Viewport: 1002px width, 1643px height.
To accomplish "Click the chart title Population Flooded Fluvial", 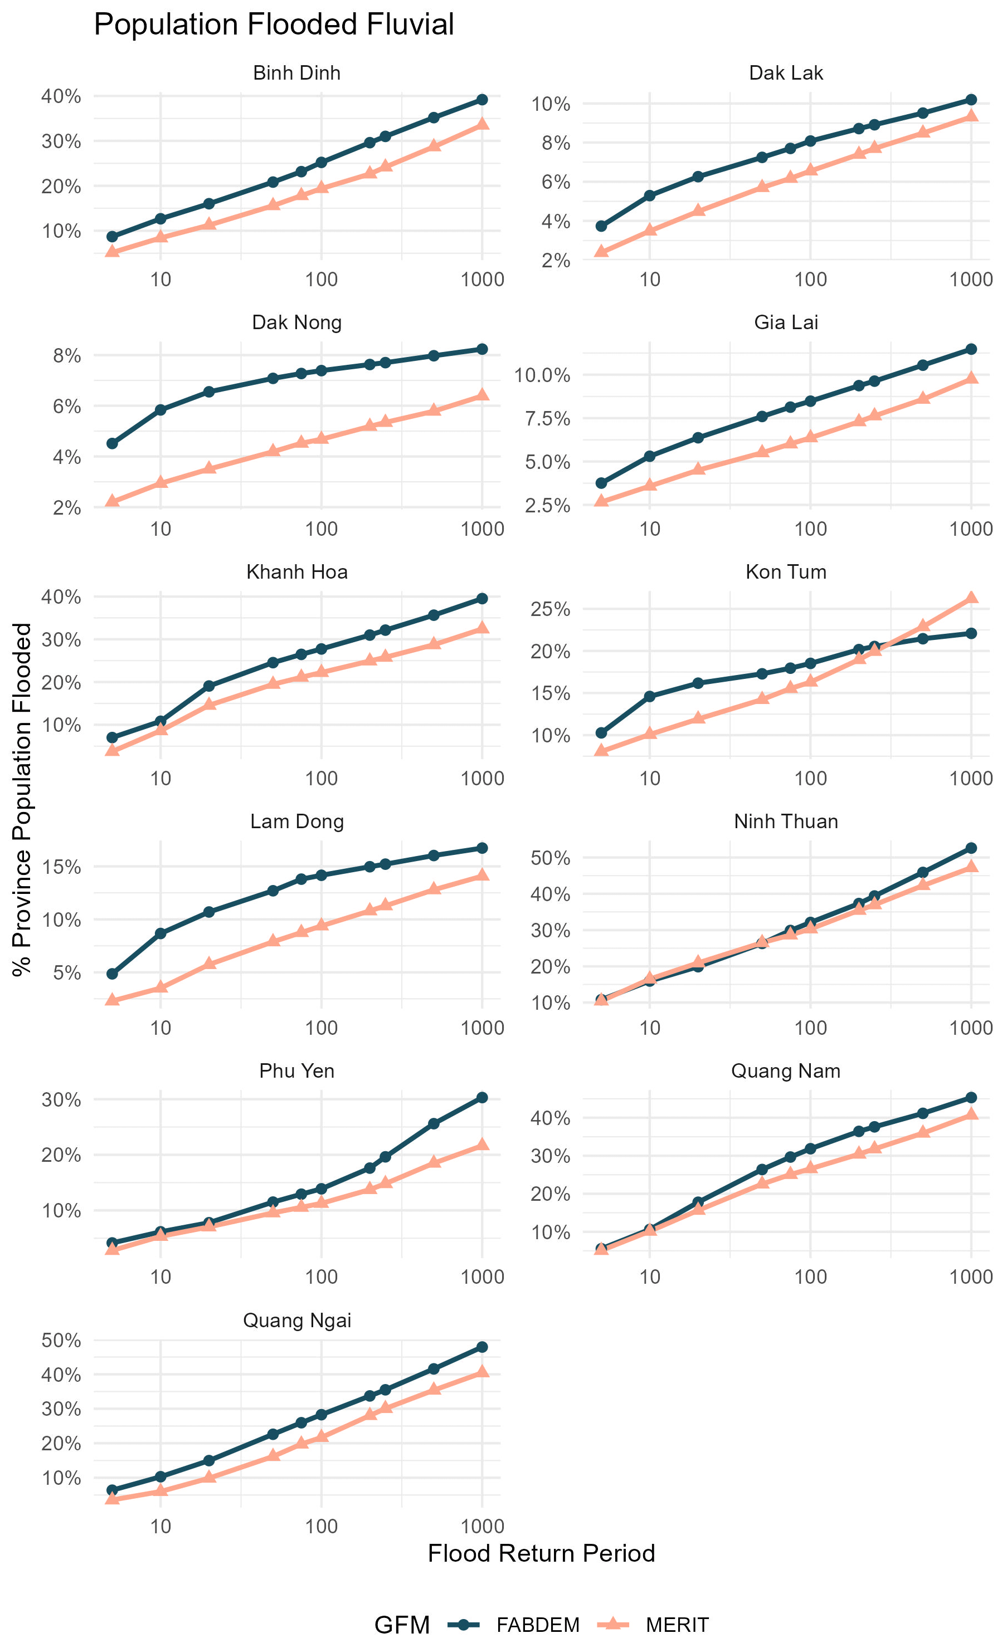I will pos(274,25).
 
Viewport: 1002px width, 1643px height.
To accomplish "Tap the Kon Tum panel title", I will pos(786,572).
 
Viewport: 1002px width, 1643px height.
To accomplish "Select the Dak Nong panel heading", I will pos(297,322).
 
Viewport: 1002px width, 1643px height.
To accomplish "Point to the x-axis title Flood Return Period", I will pos(541,1554).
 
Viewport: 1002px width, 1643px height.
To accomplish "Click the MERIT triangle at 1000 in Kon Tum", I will pos(971,598).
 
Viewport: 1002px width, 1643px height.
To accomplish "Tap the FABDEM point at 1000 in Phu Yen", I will pos(482,1098).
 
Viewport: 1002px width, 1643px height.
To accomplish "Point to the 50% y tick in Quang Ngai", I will pos(61,1341).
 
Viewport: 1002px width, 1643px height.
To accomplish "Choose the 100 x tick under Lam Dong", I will pos(322,1028).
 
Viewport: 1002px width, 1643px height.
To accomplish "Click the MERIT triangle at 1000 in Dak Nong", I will pos(482,395).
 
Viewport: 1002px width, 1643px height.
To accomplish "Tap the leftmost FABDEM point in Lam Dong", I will pos(112,974).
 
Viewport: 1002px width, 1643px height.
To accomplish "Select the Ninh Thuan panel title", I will pos(786,821).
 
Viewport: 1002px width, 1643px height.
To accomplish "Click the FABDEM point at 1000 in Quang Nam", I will pos(971,1098).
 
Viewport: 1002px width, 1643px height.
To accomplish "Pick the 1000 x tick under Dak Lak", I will pos(971,280).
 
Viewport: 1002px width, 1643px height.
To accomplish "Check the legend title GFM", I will pos(402,1625).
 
